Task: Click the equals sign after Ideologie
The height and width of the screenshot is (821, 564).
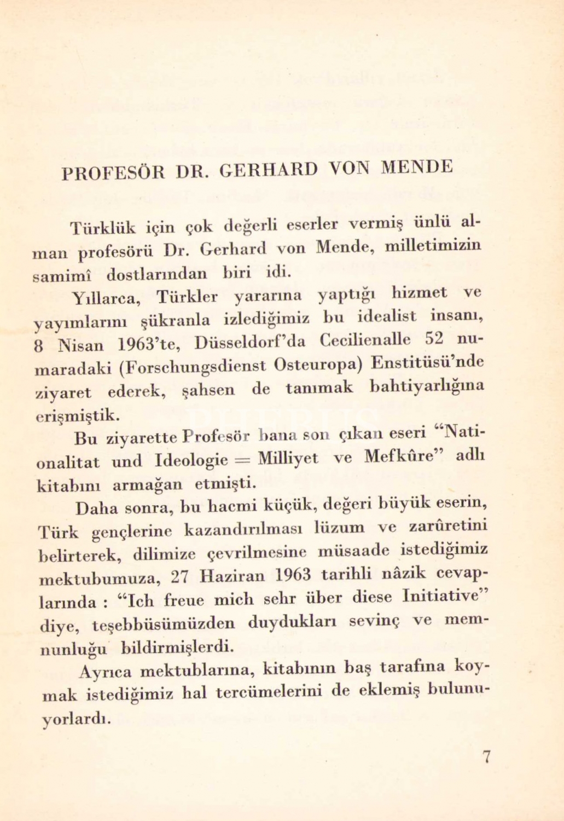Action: pos(241,459)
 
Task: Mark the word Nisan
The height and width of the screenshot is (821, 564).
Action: pos(80,346)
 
